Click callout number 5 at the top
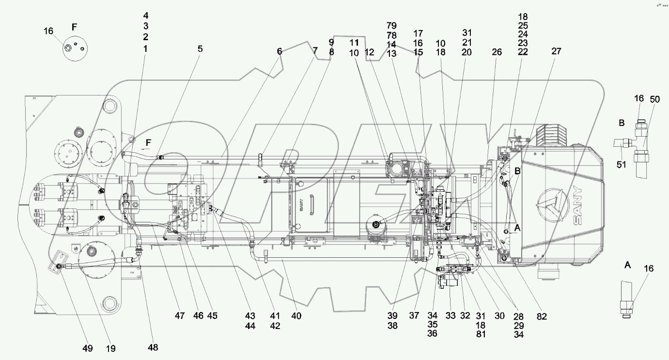200,48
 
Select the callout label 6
280,50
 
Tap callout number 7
315,50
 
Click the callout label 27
556,51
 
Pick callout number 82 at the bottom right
541,316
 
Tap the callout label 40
296,316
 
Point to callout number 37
413,316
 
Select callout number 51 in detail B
622,165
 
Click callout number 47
180,316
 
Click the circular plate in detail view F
74,49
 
